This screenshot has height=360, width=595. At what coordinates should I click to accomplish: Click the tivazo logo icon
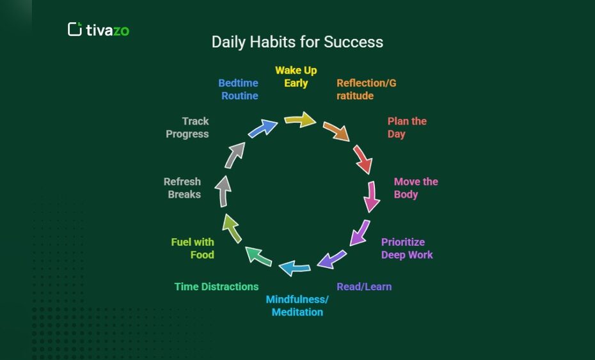(x=75, y=29)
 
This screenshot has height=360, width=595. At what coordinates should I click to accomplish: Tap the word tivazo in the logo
(x=107, y=29)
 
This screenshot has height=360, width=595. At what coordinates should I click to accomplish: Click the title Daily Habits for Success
(x=297, y=42)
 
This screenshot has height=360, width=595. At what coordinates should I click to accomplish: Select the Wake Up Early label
(x=296, y=77)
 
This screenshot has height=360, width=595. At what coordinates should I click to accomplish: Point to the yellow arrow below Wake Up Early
(x=299, y=120)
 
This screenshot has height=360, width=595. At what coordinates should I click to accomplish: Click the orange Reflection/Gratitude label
(x=366, y=90)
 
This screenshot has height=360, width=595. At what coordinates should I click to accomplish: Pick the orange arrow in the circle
(x=336, y=130)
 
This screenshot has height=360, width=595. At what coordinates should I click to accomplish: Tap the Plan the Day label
(x=406, y=127)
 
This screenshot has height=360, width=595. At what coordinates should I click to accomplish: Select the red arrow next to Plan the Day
(x=362, y=159)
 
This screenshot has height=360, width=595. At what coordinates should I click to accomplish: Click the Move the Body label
(x=415, y=188)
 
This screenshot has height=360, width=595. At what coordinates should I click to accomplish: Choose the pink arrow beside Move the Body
(x=371, y=196)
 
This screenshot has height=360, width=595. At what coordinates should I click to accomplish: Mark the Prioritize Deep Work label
(x=406, y=248)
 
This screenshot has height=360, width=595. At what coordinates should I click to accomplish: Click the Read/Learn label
(x=364, y=286)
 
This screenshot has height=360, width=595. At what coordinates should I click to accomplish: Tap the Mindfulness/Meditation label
(x=297, y=306)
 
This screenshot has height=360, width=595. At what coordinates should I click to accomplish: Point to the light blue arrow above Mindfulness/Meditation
(x=295, y=267)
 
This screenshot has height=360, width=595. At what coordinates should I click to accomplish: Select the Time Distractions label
(x=216, y=286)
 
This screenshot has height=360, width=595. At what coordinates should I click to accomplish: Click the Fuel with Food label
(x=193, y=248)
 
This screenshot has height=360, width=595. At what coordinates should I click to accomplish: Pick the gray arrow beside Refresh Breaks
(x=223, y=192)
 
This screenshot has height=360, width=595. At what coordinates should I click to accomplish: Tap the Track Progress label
(x=187, y=127)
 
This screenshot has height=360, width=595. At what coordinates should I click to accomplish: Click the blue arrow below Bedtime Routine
(x=262, y=128)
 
